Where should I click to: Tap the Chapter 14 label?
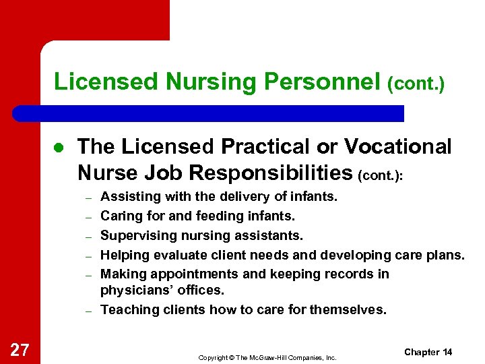point(428,352)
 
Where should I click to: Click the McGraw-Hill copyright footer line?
point(267,357)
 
